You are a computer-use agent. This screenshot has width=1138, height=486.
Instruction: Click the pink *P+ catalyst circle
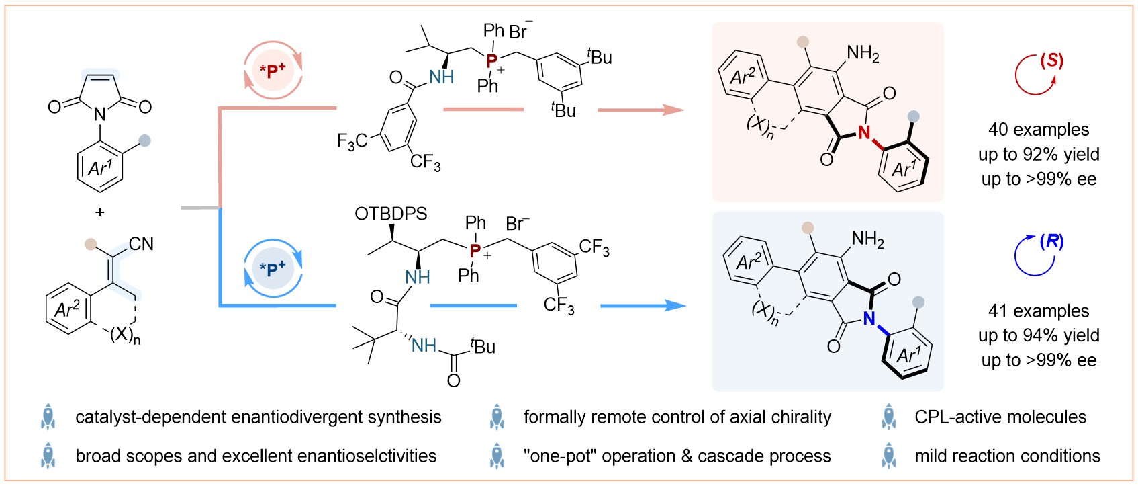click(x=273, y=71)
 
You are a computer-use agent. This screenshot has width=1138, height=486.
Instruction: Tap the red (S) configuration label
click(x=1051, y=61)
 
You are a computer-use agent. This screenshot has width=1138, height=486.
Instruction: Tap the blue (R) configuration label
click(x=1051, y=242)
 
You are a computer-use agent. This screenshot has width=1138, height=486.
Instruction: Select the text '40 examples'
click(x=1039, y=130)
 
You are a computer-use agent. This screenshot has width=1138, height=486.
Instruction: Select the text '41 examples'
click(x=1039, y=311)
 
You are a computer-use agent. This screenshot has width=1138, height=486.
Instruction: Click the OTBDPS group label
click(x=391, y=214)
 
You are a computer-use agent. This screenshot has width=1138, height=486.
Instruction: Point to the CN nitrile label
click(x=141, y=243)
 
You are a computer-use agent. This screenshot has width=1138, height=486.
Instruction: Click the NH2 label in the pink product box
click(x=863, y=54)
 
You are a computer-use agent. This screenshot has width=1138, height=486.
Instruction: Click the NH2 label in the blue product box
click(x=867, y=239)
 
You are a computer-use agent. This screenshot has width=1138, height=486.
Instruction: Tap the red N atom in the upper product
click(x=864, y=132)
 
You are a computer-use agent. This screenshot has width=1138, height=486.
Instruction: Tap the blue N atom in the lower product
click(x=869, y=317)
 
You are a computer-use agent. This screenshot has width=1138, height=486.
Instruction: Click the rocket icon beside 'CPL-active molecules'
click(x=889, y=417)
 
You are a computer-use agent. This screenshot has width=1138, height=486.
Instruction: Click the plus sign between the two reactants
click(x=100, y=212)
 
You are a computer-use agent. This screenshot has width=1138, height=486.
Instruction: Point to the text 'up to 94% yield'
click(x=1039, y=335)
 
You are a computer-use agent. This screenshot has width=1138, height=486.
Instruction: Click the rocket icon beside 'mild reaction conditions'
click(x=889, y=456)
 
